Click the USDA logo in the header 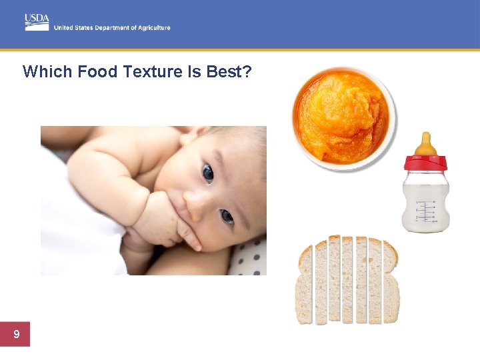37,21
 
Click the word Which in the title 48,71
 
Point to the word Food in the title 98,71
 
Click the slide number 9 15,334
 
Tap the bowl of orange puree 343,117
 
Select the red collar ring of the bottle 425,162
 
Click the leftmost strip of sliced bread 305,284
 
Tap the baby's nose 196,205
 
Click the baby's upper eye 208,173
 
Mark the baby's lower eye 227,216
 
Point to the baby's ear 194,137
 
